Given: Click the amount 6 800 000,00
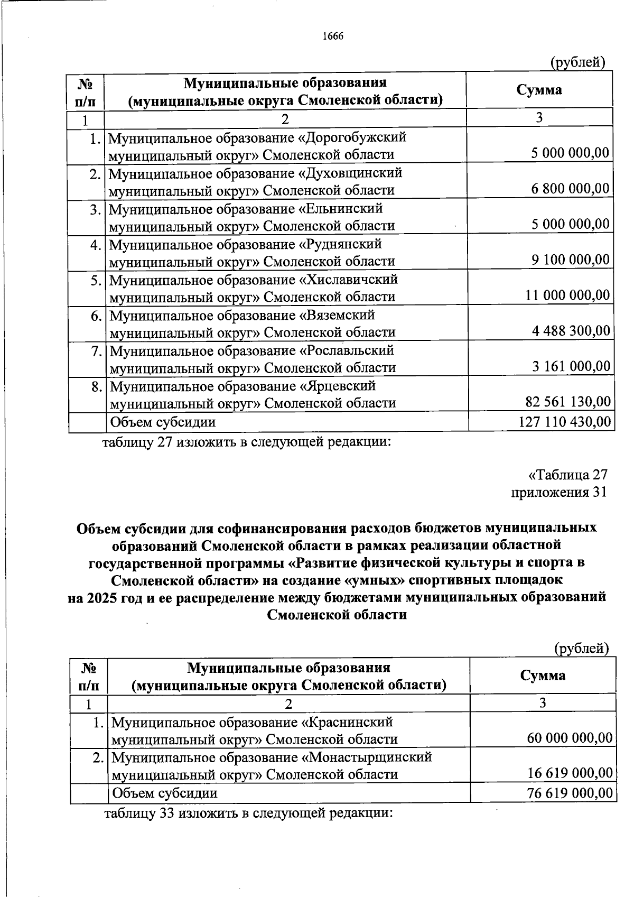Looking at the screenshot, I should coord(571,189).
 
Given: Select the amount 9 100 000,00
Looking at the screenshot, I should coord(571,260).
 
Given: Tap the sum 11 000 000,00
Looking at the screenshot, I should coord(567,295).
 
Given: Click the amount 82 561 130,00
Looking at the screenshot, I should coord(568,402).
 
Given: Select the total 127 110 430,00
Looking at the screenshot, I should coord(564,421).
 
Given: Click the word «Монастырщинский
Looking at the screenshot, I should coord(366,757).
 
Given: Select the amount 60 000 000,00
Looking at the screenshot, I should coord(570,738).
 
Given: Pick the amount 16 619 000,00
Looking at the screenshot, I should coord(570,774).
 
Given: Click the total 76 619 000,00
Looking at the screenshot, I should coord(570,793).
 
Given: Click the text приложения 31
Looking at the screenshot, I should coord(559,492).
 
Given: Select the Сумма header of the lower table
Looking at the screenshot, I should coord(543,675).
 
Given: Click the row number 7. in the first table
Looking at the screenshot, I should coord(96,351).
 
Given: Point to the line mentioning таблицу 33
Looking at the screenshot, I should coord(248,813).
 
